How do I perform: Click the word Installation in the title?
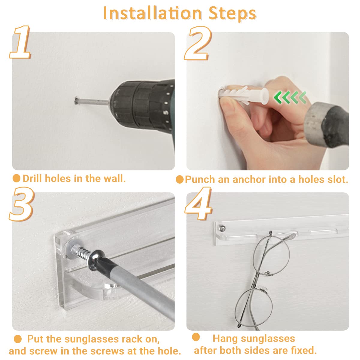pos(152,13)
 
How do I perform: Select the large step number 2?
pos(198,43)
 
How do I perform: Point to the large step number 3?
pos(22,204)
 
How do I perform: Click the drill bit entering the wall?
pos(91,101)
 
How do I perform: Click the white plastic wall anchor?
pos(244,95)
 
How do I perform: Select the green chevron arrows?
pos(290,97)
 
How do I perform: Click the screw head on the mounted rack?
pos(222,228)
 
